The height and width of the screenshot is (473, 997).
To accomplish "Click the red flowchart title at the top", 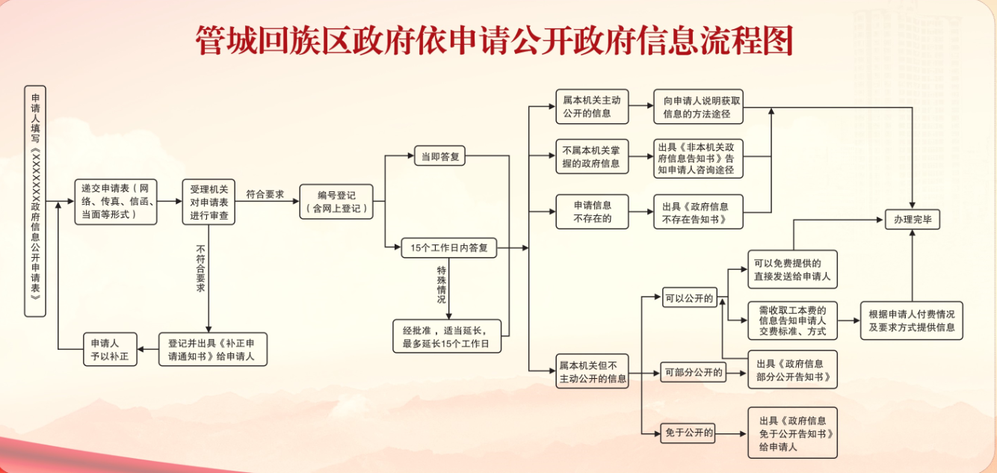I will (x=494, y=41).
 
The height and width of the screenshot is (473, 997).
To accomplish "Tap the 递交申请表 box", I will (x=116, y=202).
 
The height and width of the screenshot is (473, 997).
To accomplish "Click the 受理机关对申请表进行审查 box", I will (x=209, y=202).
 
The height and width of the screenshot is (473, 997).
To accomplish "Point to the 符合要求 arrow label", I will (x=265, y=194).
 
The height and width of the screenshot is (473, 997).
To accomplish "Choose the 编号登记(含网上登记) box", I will (x=336, y=202).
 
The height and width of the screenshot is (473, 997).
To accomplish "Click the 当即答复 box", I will (x=440, y=157).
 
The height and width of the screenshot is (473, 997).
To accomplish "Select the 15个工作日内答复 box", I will (x=449, y=247).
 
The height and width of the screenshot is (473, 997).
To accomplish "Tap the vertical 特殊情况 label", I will (x=441, y=284).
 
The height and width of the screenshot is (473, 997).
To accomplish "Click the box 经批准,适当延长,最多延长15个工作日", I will (x=447, y=336).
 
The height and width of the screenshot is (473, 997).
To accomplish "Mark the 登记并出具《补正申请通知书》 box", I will (x=212, y=349).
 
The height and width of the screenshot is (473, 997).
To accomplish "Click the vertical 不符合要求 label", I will (x=200, y=268).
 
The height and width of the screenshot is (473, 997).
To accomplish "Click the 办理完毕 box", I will (x=913, y=220).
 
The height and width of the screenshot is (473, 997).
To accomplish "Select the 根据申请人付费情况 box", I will (x=912, y=321).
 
